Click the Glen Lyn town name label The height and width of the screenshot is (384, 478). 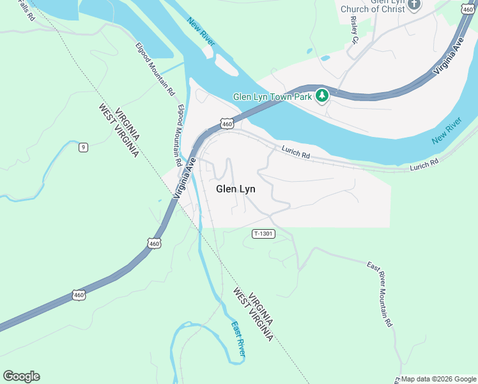coord(236,189)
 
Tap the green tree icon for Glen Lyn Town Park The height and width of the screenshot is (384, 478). coord(323,97)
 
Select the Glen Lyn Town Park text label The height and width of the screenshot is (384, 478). coord(272,97)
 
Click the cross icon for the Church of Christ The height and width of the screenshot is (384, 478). coord(414,4)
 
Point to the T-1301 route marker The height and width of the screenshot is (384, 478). coord(263,234)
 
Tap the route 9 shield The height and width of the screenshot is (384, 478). coord(83,148)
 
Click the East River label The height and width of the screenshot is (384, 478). coord(238,339)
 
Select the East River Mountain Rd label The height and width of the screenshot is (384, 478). coord(379,294)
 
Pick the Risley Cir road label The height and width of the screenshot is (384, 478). coord(355,30)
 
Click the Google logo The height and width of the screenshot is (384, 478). coord(21,376)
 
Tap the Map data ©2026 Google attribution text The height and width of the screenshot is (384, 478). coord(438,379)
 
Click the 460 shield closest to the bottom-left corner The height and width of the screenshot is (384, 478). coord(79,294)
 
